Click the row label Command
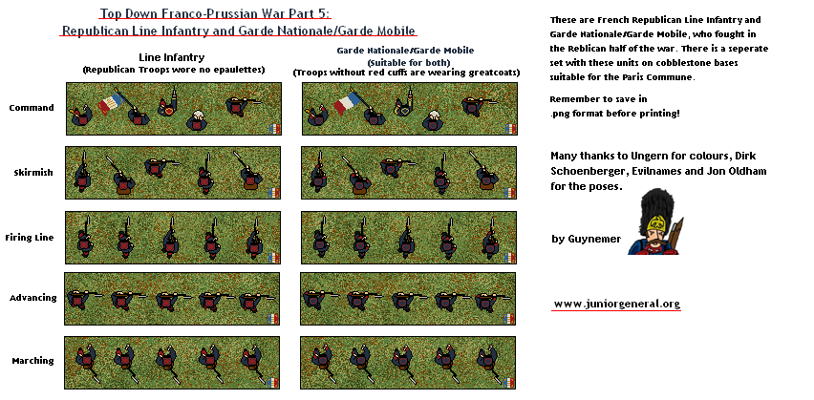pos(32,108)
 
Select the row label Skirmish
pos(33,173)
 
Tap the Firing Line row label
pos(30,238)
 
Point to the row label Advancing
pos(33,298)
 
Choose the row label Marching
pos(32,361)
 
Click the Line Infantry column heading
pos(172,57)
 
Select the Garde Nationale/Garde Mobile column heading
pos(405,51)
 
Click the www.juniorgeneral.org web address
pos(617,304)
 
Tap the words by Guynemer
pos(586,240)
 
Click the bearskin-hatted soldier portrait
pos(655,221)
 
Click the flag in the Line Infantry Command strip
pos(110,103)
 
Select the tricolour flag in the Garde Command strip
pos(347,102)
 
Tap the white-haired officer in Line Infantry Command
pos(197,120)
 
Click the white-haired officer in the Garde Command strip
pos(433,120)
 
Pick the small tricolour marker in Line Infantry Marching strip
pos(273,383)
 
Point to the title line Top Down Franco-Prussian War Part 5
pos(215,13)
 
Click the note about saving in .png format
pos(614,106)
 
